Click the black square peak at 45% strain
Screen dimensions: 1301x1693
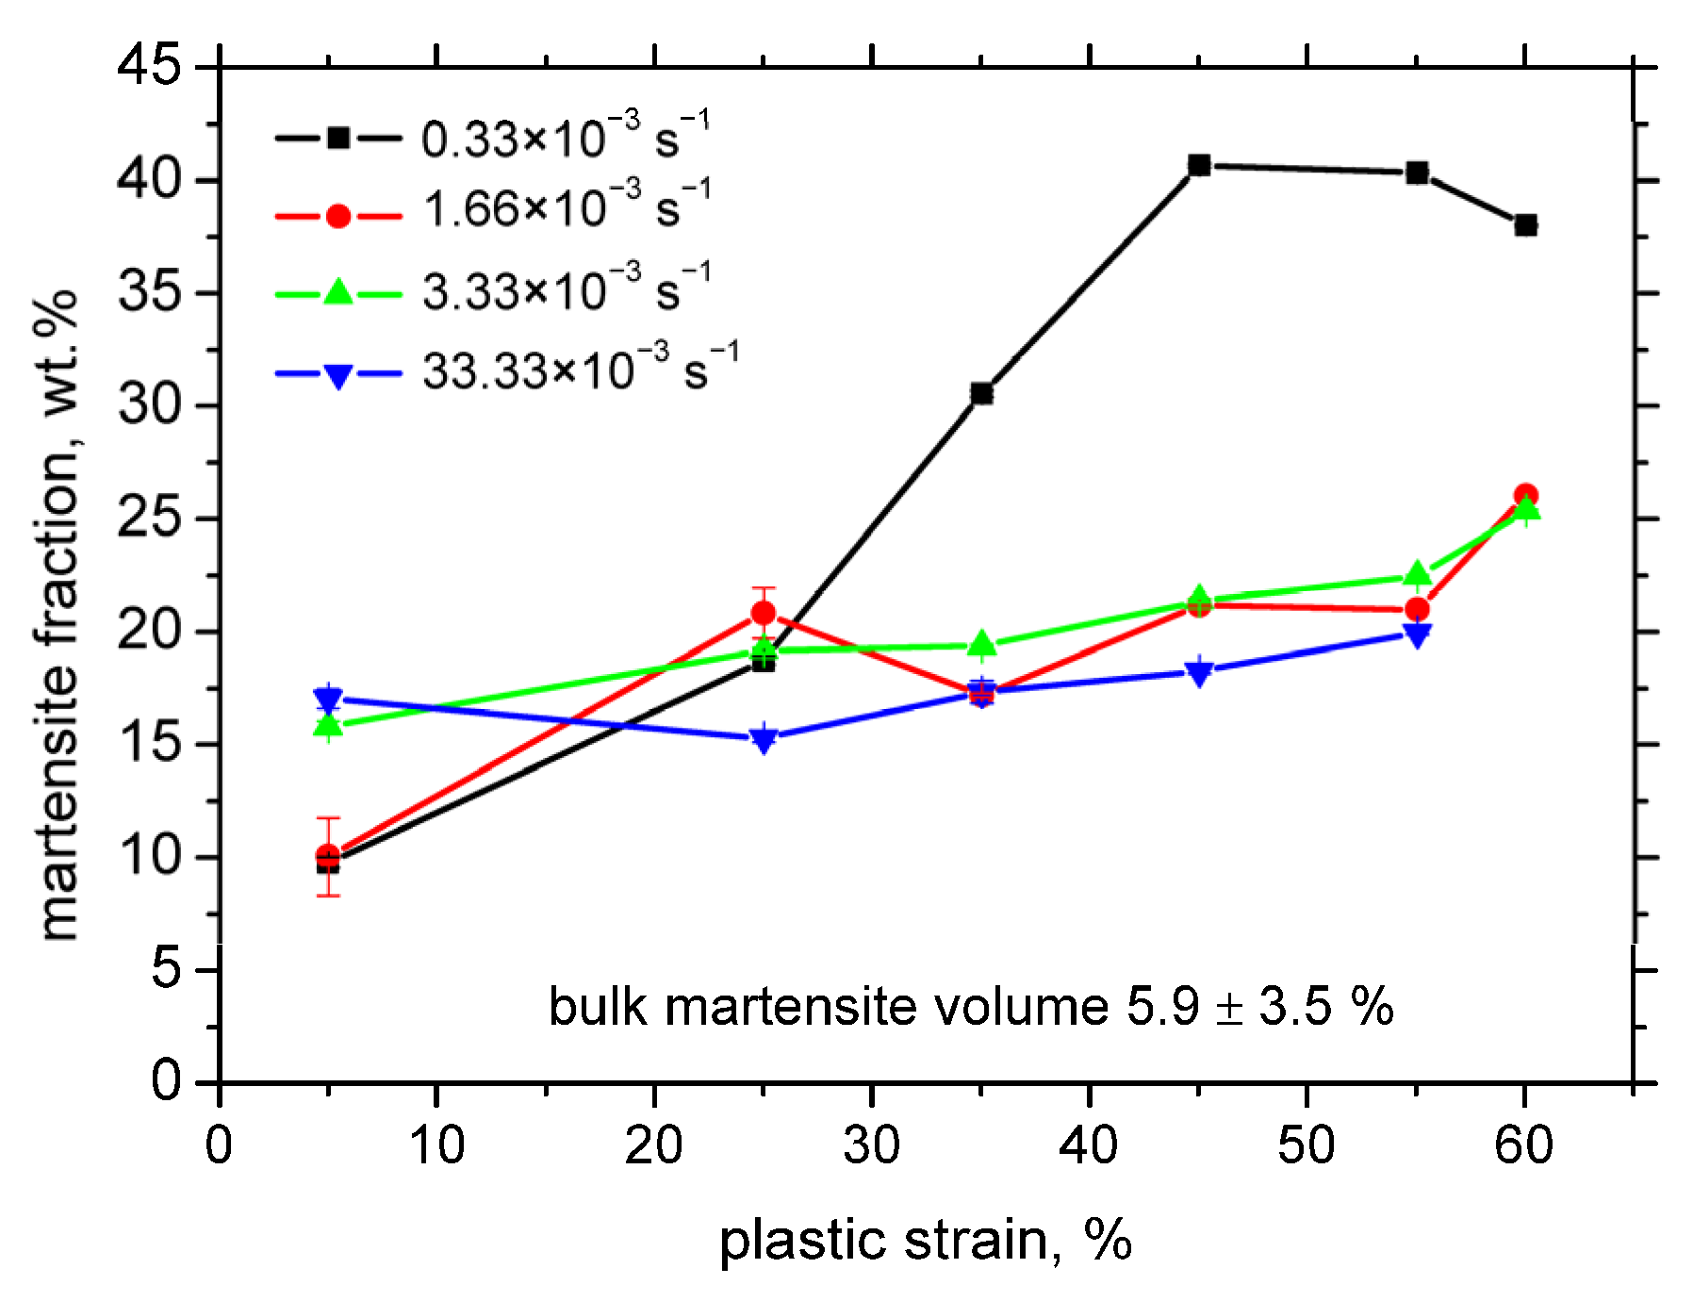click(x=1199, y=166)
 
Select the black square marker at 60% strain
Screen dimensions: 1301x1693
click(x=1525, y=225)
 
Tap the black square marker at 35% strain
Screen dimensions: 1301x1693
click(x=982, y=393)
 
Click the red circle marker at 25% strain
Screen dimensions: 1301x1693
click(x=764, y=614)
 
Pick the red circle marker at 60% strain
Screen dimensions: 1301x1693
click(x=1525, y=496)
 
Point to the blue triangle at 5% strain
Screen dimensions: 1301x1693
click(x=328, y=700)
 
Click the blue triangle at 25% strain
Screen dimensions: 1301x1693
click(x=764, y=738)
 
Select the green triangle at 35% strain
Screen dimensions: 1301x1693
click(x=982, y=645)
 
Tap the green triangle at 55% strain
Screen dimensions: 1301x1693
click(x=1417, y=575)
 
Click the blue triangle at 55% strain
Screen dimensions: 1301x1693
click(x=1417, y=635)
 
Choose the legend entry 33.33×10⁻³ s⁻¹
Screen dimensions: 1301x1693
click(x=579, y=370)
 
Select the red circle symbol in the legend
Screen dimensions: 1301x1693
click(x=338, y=216)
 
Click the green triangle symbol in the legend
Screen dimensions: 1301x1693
click(x=338, y=293)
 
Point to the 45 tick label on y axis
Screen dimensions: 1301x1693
click(x=148, y=67)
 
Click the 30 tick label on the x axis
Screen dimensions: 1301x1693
click(x=872, y=1146)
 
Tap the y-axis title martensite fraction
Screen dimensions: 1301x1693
click(x=58, y=613)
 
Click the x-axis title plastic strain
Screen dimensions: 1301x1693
click(x=925, y=1241)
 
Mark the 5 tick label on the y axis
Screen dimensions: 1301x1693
click(x=166, y=969)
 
